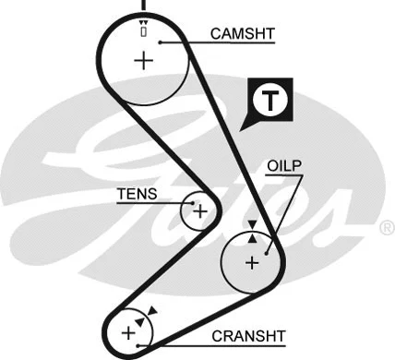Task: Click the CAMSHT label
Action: click(x=243, y=34)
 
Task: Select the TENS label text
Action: click(x=136, y=194)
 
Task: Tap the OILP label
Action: click(x=283, y=166)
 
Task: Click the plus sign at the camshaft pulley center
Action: click(x=143, y=62)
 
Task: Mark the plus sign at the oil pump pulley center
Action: click(x=251, y=262)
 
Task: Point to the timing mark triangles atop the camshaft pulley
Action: click(x=143, y=24)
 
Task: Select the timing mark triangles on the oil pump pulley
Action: click(x=252, y=231)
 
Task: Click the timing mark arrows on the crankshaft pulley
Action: click(x=141, y=317)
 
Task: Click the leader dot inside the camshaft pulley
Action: click(x=160, y=42)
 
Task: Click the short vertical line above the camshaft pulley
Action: click(x=143, y=6)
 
